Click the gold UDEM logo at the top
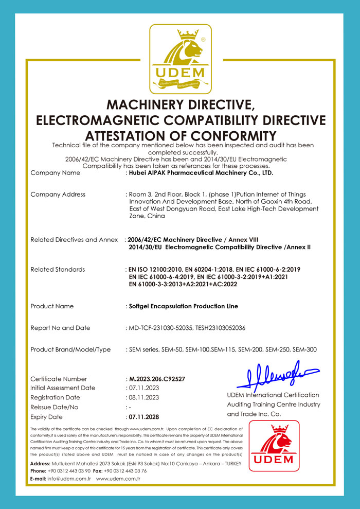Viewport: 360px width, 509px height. (x=180, y=59)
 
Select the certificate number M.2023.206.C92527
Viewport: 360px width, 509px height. (x=157, y=379)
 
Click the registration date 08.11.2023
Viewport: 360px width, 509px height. (x=143, y=397)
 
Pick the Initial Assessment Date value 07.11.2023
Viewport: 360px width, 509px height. (x=143, y=388)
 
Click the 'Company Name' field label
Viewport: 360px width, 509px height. (x=56, y=173)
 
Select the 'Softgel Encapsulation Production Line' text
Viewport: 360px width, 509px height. (x=183, y=306)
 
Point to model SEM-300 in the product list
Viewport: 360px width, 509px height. (x=304, y=349)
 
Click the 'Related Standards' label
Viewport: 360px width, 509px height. (x=58, y=269)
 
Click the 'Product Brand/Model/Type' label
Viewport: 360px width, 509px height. (x=70, y=349)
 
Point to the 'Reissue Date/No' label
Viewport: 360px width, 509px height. (x=55, y=407)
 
